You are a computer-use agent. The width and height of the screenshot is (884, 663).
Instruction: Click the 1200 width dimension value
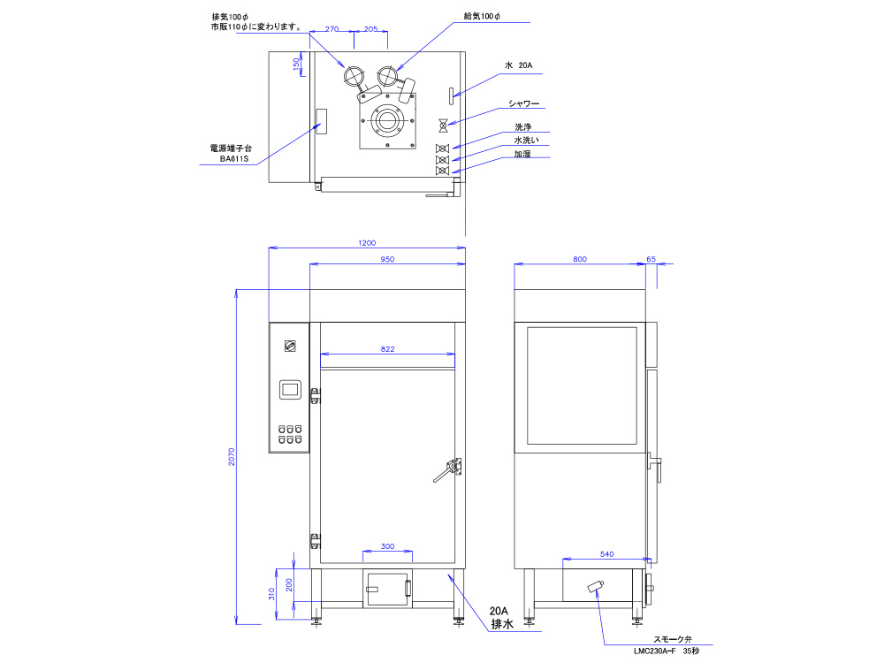coord(367,243)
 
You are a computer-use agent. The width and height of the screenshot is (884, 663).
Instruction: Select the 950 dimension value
coord(387,259)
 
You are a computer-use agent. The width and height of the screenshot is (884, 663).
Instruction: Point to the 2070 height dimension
coord(231,457)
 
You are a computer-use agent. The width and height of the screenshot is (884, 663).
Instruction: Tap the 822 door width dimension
coord(387,349)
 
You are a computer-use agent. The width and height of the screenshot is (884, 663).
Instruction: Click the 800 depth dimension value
coord(580,259)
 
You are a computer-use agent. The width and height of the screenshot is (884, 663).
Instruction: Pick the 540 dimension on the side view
coord(606,554)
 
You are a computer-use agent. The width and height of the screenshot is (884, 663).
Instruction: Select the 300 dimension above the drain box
coord(387,546)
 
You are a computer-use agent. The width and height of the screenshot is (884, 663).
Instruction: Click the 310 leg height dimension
coord(271,594)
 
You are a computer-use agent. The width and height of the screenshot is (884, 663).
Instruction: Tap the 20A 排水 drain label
coord(500,617)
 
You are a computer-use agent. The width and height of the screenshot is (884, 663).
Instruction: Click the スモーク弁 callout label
coord(672,639)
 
